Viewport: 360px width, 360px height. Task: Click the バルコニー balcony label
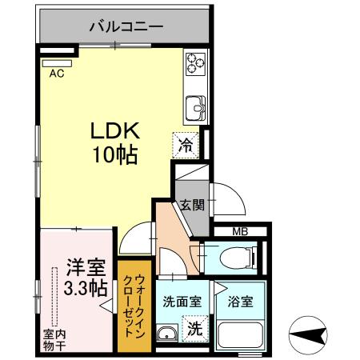point(126,26)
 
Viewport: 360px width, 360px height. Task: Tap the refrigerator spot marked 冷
point(185,146)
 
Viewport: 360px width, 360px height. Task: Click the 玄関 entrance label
point(193,205)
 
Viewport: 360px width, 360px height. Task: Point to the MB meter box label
point(239,233)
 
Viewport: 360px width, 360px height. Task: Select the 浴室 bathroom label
point(242,303)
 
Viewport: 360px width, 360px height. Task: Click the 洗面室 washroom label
point(181,303)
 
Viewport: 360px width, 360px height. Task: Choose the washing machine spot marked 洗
point(194,328)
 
